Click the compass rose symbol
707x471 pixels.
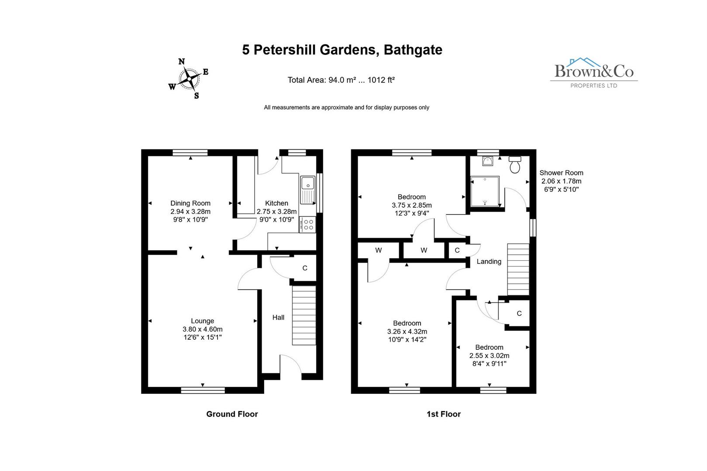point(189,79)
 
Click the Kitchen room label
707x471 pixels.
point(276,203)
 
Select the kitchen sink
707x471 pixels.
point(307,190)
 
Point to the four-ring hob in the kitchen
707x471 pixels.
point(308,225)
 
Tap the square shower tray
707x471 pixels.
point(484,191)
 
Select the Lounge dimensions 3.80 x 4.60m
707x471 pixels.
point(203,329)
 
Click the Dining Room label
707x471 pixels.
point(190,203)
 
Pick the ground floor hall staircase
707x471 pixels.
point(303,315)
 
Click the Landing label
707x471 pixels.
point(489,262)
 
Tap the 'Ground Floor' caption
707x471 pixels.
point(232,414)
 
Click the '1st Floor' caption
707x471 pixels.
point(443,414)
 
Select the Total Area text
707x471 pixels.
point(341,80)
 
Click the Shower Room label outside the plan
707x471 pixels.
point(561,173)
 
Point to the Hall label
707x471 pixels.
point(278,317)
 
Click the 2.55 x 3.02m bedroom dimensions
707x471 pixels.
point(489,355)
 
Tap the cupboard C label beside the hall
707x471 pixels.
point(305,268)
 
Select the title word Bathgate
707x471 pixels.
point(413,50)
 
